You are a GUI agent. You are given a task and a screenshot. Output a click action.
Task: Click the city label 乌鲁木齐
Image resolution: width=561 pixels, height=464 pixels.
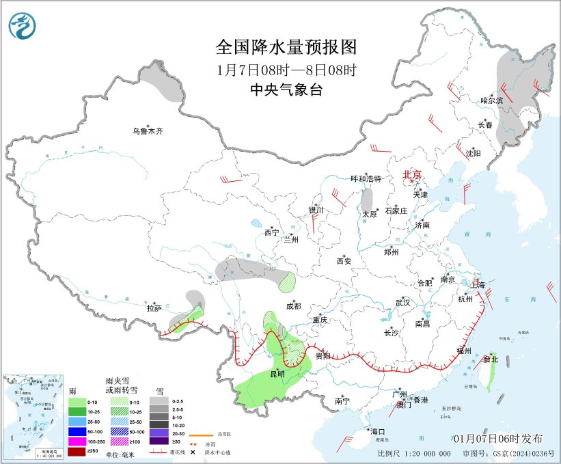pyautogui.click(x=148, y=131)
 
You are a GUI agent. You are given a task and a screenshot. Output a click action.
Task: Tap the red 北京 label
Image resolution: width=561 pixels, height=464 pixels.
pyautogui.click(x=413, y=174)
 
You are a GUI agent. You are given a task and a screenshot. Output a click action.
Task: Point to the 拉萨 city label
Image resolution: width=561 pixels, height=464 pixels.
pyautogui.click(x=154, y=309)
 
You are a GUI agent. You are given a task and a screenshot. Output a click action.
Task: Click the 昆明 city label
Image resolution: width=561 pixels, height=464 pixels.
pyautogui.click(x=277, y=374)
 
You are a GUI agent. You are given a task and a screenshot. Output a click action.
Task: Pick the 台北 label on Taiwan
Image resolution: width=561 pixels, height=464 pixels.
pyautogui.click(x=491, y=359)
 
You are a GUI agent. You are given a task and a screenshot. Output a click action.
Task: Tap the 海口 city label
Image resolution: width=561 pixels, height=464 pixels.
pyautogui.click(x=378, y=432)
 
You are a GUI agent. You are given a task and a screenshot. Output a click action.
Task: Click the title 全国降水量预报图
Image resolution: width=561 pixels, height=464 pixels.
pyautogui.click(x=286, y=47)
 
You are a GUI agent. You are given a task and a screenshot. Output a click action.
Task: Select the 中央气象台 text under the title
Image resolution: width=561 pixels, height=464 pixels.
pyautogui.click(x=286, y=90)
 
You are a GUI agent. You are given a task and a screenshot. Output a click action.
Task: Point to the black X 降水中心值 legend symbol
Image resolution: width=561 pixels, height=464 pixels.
pyautogui.click(x=193, y=452)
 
